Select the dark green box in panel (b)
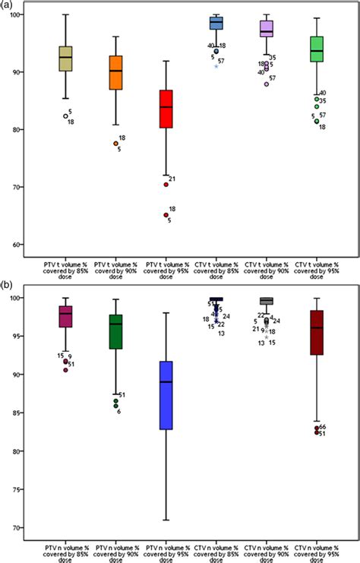tap(115, 332)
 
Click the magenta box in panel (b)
tap(65, 317)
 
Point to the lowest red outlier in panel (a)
tap(166, 215)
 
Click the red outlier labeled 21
tap(166, 185)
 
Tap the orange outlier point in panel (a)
tap(115, 143)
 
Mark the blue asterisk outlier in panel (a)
tap(216, 66)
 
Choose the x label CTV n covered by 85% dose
tap(216, 549)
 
